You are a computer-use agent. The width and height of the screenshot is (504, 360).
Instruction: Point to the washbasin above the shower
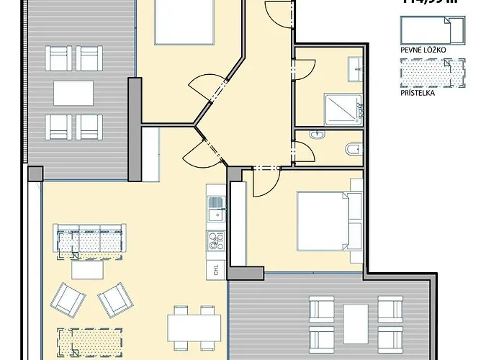click(x=356, y=70)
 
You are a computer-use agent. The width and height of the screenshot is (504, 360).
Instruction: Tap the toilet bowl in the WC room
click(x=354, y=149)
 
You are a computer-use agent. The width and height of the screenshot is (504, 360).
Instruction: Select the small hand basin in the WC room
click(x=316, y=135)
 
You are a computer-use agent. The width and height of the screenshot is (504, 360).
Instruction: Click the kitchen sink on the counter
click(x=215, y=212)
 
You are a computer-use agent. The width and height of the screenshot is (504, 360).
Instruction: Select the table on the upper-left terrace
click(x=73, y=92)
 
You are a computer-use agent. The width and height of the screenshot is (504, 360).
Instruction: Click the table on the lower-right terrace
click(x=355, y=320)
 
